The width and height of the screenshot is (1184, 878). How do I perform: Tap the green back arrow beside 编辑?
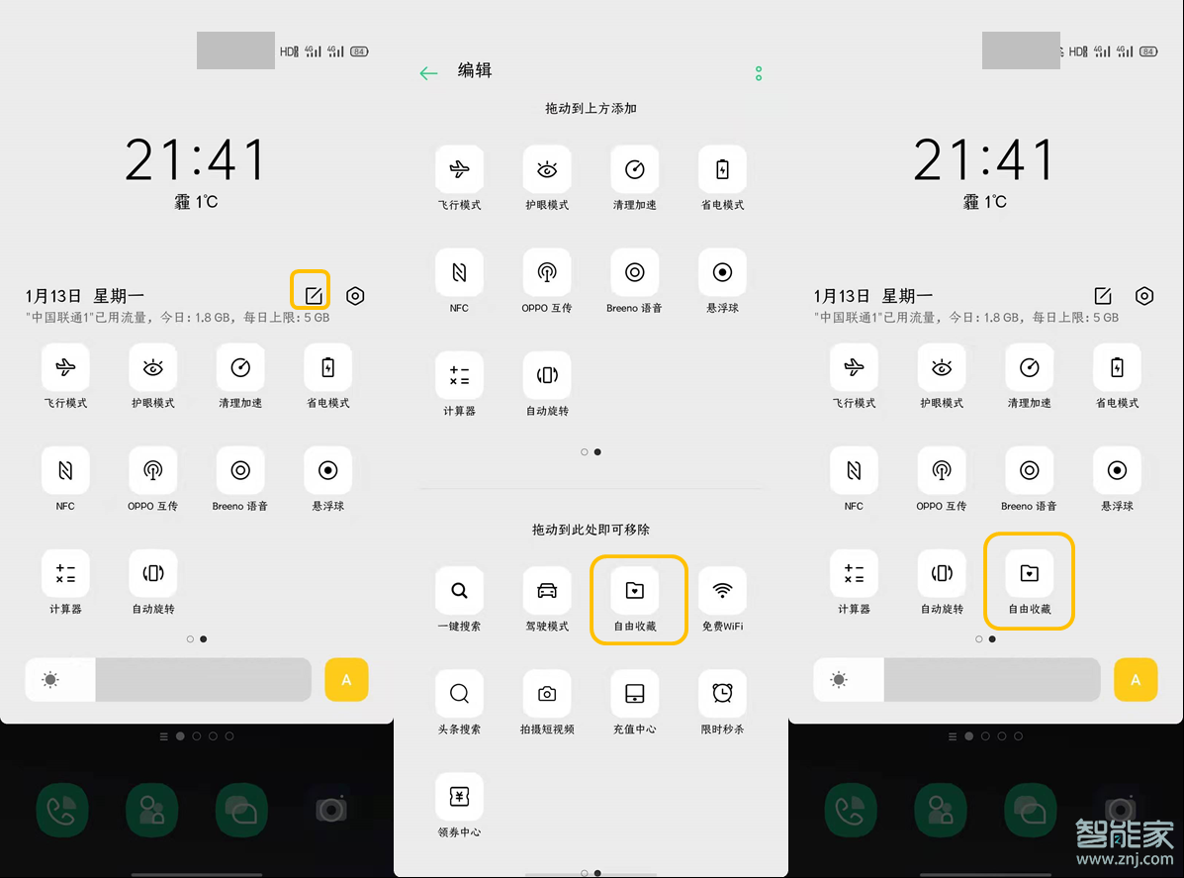(428, 73)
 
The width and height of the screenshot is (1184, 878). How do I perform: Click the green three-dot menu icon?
(759, 73)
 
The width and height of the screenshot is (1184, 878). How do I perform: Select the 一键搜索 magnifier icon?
(459, 591)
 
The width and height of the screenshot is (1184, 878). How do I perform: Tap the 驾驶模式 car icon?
(547, 591)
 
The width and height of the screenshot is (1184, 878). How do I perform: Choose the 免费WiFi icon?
(723, 591)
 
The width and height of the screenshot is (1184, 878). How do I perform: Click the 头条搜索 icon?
(459, 694)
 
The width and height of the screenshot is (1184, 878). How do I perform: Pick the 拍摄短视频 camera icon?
(547, 694)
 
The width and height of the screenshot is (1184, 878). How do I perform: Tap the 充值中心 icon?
(635, 694)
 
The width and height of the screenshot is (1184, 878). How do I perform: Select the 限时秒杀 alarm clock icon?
(723, 694)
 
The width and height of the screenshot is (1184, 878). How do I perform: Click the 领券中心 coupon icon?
(459, 797)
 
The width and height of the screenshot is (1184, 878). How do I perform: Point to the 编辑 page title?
(475, 70)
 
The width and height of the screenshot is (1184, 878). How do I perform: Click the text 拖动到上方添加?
(591, 108)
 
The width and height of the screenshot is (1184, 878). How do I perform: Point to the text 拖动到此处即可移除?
(591, 530)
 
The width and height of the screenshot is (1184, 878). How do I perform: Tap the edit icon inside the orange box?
(313, 295)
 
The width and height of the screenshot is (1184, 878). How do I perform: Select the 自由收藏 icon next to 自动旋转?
(1029, 573)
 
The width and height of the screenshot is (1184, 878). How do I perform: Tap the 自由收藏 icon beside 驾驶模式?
(635, 591)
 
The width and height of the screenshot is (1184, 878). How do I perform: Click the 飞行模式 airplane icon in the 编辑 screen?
(459, 170)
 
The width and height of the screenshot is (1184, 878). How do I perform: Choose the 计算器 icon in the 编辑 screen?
(459, 375)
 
